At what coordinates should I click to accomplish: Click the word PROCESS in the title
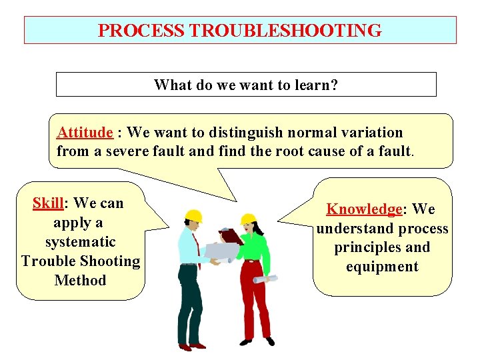coord(141,31)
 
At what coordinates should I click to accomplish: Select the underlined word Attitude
coord(85,132)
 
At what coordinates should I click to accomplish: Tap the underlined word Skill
coord(47,203)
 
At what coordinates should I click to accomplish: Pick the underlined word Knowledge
coord(364,209)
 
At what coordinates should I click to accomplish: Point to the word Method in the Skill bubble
coord(81,280)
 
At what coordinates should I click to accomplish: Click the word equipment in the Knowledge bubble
coord(383,267)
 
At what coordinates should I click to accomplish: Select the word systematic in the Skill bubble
coord(81,241)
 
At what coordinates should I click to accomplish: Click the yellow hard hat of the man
coord(193,216)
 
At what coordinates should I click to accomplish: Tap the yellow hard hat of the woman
coord(249,218)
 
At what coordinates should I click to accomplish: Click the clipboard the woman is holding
coord(231,235)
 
